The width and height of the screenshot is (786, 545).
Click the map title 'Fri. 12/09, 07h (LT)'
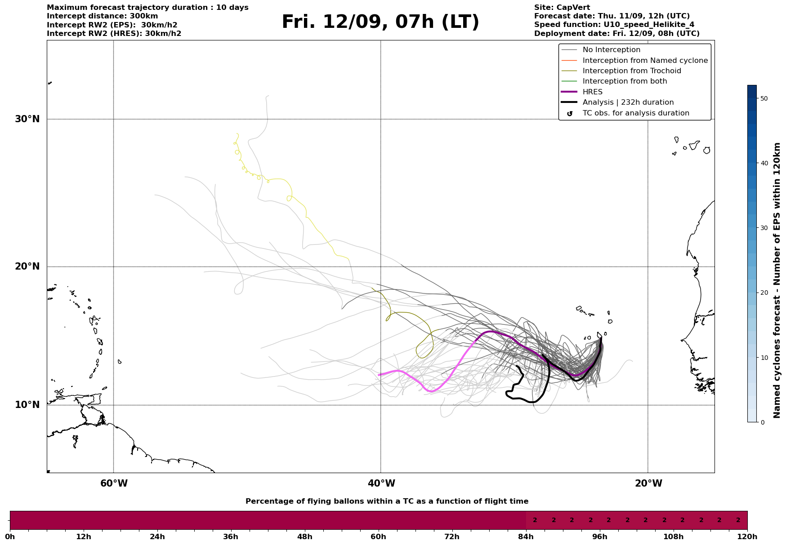point(380,22)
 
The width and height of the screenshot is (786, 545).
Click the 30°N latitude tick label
point(27,119)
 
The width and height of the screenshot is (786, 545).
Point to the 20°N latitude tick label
point(27,266)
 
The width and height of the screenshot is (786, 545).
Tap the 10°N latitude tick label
point(27,405)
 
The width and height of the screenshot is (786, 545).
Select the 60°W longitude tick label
point(114,483)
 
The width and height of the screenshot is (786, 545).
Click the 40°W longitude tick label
point(381,483)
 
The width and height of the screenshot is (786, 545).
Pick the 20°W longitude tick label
point(648,483)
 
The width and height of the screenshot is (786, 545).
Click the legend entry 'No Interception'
point(611,50)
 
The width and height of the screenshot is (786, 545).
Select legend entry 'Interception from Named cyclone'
point(645,61)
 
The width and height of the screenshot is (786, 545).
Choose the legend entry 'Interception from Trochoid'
point(631,71)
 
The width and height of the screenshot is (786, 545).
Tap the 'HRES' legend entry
point(592,92)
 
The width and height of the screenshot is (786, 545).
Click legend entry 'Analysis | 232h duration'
point(628,102)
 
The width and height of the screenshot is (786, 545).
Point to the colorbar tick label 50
point(763,98)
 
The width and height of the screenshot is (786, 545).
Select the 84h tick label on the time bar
point(526,536)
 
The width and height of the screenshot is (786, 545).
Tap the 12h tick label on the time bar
point(84,536)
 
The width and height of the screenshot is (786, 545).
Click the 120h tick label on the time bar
point(747,536)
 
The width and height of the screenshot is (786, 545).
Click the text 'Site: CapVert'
point(562,8)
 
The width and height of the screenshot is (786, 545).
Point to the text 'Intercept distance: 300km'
point(102,16)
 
